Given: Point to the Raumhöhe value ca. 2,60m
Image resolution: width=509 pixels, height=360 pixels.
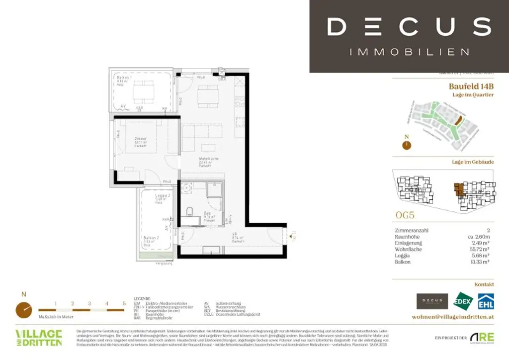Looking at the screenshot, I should pos(478,237).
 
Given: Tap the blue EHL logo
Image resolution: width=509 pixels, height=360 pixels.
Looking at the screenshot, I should pos(485,301).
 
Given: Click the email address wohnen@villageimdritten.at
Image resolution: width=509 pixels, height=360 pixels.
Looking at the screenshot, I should pos(453,317).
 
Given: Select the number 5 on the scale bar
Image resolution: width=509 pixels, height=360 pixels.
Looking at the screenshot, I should pos(123,303).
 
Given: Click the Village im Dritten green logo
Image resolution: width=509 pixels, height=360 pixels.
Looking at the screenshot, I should pos(39,337).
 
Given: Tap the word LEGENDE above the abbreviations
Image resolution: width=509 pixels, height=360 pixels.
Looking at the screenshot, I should pos(142,298).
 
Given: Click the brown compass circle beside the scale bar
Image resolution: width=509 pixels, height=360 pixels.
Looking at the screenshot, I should pos(23,309).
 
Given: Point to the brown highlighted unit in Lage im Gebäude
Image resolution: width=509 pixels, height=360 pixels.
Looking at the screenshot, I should pos(458,189).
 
